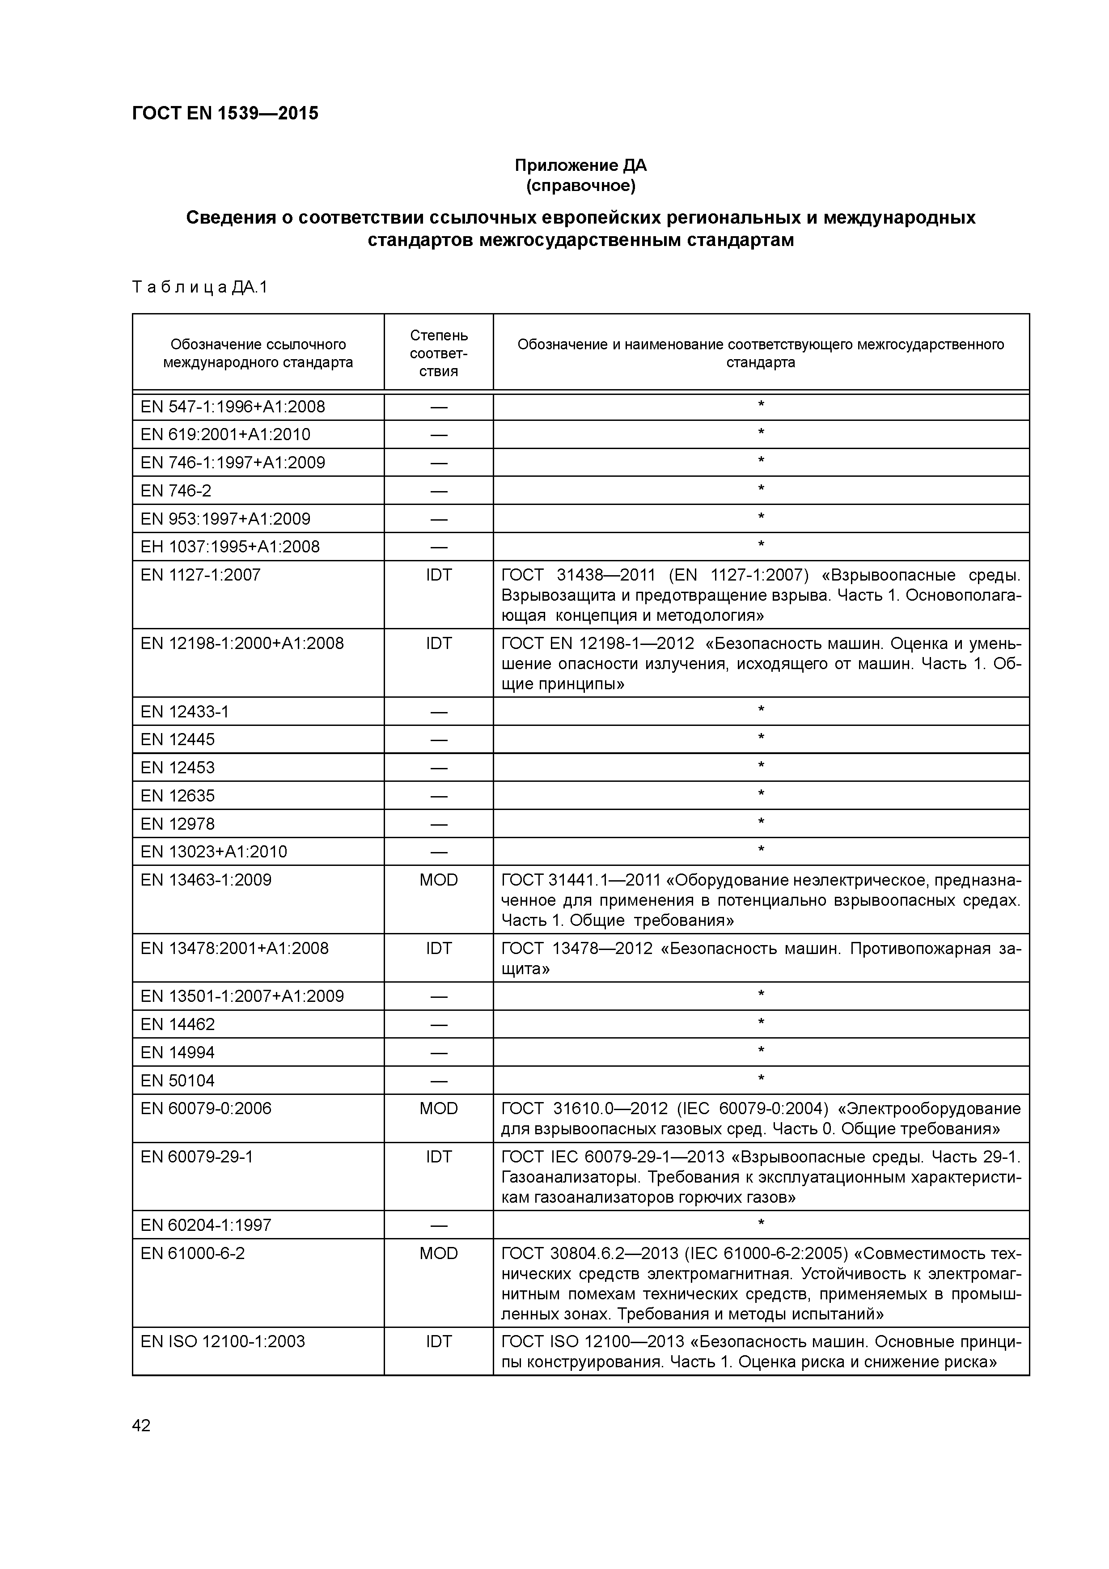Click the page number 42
(x=141, y=1425)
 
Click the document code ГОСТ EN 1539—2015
(x=225, y=114)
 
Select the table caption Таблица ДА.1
(x=199, y=287)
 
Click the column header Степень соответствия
(x=439, y=352)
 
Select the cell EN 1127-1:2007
(x=200, y=575)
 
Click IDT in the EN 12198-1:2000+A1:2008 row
(x=439, y=643)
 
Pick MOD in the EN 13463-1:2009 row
(x=439, y=879)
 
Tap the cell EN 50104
(x=177, y=1081)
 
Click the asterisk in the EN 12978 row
(x=761, y=822)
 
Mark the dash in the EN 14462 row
(x=439, y=1024)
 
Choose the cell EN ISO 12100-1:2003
(x=223, y=1341)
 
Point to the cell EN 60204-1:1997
(x=206, y=1225)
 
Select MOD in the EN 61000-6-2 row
(x=439, y=1253)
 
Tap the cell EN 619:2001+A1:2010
(x=225, y=435)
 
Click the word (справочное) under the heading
(x=580, y=186)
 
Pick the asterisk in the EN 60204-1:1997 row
(x=761, y=1223)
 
